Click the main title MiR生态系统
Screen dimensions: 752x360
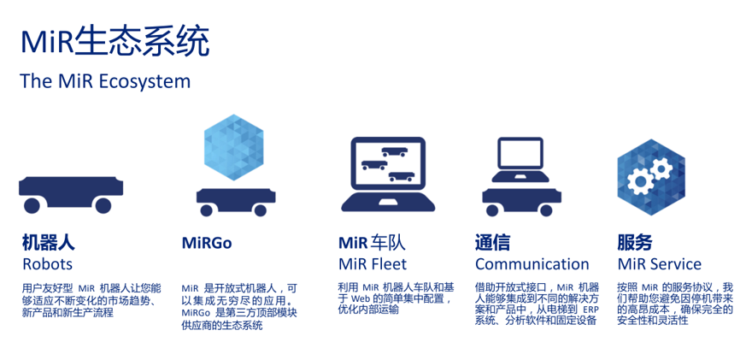point(115,42)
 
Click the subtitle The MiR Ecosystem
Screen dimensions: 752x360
point(105,81)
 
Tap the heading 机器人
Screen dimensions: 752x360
point(49,242)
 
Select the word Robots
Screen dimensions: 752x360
point(48,264)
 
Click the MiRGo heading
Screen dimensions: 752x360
point(207,243)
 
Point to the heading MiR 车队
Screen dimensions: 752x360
point(372,243)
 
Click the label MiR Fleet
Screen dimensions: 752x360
point(373,264)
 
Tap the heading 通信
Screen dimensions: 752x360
point(492,242)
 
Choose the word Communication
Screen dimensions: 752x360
point(532,264)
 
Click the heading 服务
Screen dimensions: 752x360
point(634,242)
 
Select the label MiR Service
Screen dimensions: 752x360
point(659,264)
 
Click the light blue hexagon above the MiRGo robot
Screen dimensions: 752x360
point(233,147)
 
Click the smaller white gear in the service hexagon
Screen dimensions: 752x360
point(661,168)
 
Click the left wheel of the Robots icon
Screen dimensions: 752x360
point(32,205)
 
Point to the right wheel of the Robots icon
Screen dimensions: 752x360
point(103,205)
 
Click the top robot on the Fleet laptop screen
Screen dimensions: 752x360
point(394,151)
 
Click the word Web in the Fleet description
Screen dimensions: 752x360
point(359,298)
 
